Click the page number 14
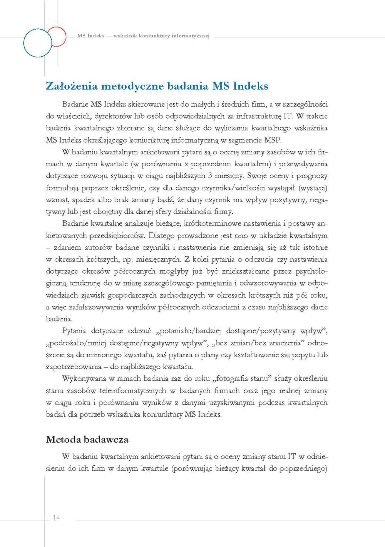(x=56, y=518)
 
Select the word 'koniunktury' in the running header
(x=154, y=36)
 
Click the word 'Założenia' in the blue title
(x=72, y=86)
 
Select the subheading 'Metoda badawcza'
(x=87, y=439)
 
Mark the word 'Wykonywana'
(x=84, y=379)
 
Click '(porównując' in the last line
(x=191, y=468)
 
